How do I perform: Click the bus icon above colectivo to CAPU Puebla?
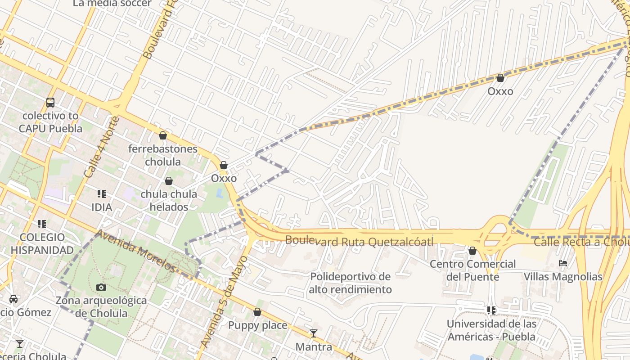(x=50, y=103)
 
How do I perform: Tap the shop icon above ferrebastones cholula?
(x=163, y=135)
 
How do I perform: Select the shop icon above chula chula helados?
(x=169, y=181)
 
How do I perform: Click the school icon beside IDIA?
(x=102, y=194)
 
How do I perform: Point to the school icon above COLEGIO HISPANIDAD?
(x=42, y=224)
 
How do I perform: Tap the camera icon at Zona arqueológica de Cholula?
(x=101, y=287)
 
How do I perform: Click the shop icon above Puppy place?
(x=257, y=312)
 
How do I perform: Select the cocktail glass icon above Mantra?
(x=314, y=333)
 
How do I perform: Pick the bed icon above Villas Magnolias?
(x=563, y=263)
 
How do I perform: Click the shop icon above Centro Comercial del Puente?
(x=472, y=251)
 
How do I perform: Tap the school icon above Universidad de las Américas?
(x=491, y=310)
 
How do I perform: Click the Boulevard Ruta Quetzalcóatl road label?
(x=359, y=241)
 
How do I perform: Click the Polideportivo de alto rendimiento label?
(x=350, y=283)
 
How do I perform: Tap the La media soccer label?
(x=112, y=4)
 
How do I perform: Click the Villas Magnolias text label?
(x=562, y=276)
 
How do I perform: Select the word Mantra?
(x=314, y=347)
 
